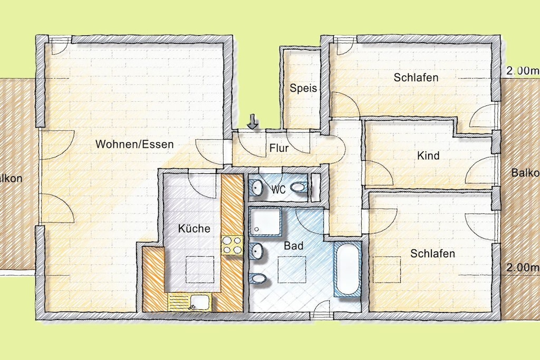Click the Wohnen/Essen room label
134,144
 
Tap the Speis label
303,88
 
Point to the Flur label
279,148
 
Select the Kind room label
428,155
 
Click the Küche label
194,229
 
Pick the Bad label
294,246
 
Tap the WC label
278,189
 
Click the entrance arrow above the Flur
253,122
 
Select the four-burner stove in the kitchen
232,245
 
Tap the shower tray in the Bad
265,221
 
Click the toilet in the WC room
298,187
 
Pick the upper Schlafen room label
416,77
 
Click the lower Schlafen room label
432,254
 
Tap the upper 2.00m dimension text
522,71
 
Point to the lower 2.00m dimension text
522,267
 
